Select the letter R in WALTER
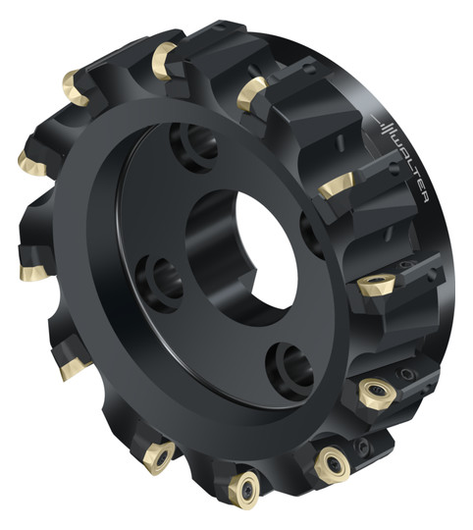tap(425, 198)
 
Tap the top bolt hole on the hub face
tap(194, 146)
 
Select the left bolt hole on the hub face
tap(159, 284)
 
